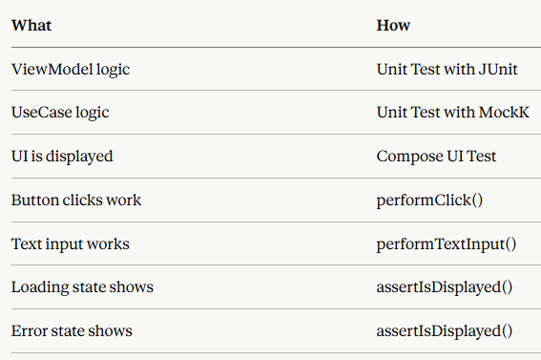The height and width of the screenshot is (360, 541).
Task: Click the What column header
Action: (x=31, y=25)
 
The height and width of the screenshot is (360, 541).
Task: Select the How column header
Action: (x=393, y=25)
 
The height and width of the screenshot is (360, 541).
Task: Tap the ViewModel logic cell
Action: (x=71, y=70)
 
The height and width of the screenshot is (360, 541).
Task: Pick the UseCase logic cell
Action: (x=60, y=113)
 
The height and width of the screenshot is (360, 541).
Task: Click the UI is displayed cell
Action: (x=62, y=157)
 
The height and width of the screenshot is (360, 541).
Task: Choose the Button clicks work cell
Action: (x=76, y=201)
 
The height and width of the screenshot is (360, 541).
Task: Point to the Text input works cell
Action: (x=71, y=244)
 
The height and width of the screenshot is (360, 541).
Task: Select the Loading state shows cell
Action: (x=82, y=287)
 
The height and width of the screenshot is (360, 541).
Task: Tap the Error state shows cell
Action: (x=72, y=331)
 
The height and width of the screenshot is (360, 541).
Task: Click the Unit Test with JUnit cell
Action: (x=447, y=70)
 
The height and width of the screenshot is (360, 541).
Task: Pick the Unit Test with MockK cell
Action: (x=452, y=113)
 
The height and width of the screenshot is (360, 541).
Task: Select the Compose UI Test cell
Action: (x=436, y=157)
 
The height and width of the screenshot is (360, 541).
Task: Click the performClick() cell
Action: (x=429, y=201)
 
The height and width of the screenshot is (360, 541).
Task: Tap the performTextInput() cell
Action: (x=447, y=244)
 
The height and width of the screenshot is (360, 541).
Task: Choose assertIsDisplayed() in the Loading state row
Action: (x=445, y=287)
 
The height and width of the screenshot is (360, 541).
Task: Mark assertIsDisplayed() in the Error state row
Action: (x=445, y=331)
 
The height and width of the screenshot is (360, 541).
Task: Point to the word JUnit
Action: (x=498, y=70)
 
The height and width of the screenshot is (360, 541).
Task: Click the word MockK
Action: (x=504, y=113)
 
